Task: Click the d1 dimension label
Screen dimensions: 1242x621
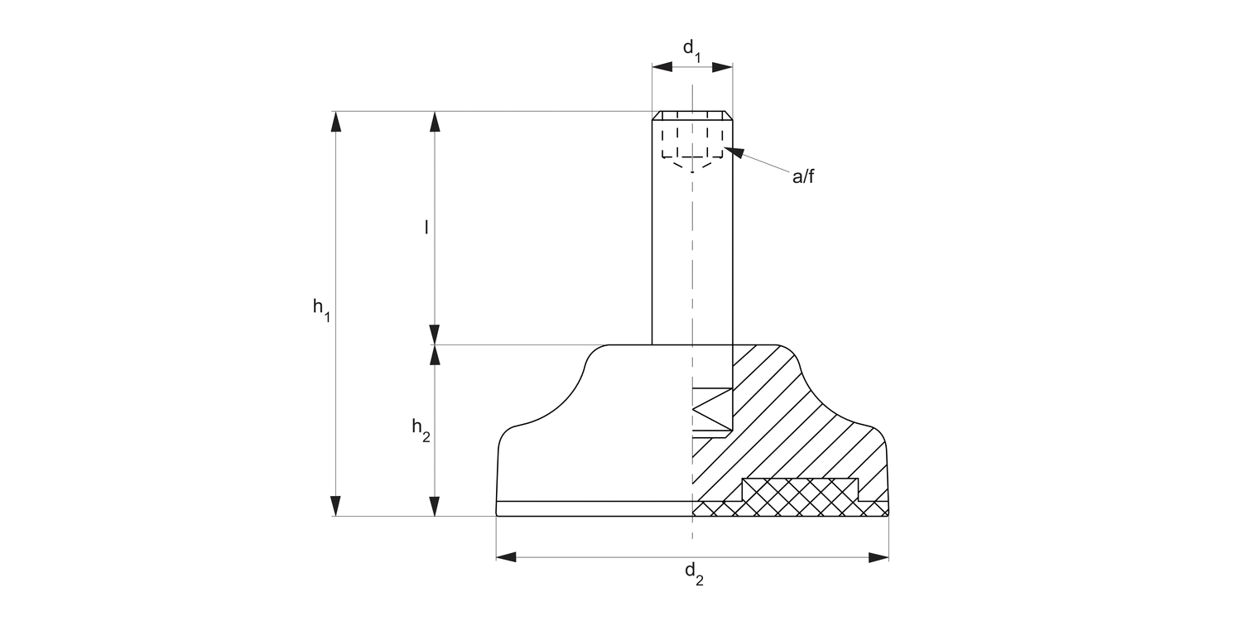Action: pos(691,50)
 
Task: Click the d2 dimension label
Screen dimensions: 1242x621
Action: pos(694,573)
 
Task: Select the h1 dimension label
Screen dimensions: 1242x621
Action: pos(321,310)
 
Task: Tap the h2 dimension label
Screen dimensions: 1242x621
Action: pos(421,430)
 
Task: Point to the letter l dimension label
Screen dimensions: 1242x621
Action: pos(426,227)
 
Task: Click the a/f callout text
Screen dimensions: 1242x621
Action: pos(803,176)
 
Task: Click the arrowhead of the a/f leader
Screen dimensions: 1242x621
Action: pos(734,152)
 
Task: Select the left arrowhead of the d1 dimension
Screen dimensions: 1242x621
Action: pos(662,68)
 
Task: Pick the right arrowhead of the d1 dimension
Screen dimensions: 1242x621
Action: pos(722,68)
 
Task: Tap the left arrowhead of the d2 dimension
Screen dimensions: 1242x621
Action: pos(506,557)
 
